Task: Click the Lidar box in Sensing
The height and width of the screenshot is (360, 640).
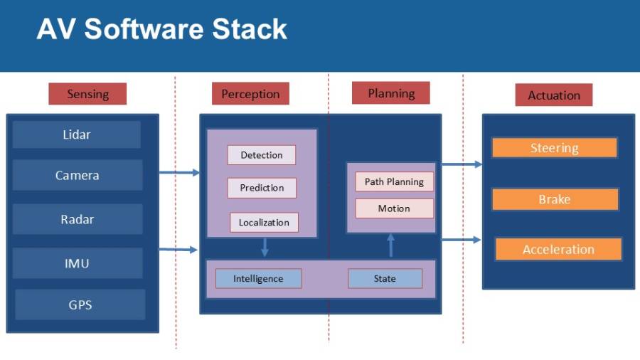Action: tap(77, 134)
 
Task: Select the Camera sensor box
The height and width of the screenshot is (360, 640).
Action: tap(78, 175)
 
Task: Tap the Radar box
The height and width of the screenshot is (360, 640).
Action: tap(78, 219)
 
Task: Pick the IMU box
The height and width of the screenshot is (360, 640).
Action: tap(78, 263)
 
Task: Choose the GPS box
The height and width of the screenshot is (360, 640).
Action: tap(80, 305)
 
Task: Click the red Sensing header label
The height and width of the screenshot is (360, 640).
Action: tap(87, 94)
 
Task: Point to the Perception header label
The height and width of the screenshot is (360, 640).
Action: tap(250, 94)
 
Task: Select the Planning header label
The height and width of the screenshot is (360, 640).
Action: tap(391, 93)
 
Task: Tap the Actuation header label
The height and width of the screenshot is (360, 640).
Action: tap(554, 95)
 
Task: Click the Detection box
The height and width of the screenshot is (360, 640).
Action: tap(262, 155)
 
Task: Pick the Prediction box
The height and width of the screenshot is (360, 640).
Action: tap(262, 188)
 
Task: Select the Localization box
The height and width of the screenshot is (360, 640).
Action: tap(264, 222)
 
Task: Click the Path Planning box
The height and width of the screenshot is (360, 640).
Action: tap(394, 181)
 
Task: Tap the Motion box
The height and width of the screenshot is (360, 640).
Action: tap(394, 208)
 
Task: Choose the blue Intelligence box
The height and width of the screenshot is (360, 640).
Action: tap(258, 278)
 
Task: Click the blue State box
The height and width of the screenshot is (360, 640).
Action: tap(385, 278)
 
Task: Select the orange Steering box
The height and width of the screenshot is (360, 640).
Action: tap(554, 148)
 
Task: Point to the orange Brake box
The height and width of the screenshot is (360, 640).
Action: tap(555, 199)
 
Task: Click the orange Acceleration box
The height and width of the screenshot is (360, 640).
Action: tap(558, 249)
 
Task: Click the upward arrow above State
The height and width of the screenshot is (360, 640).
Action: tap(390, 245)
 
